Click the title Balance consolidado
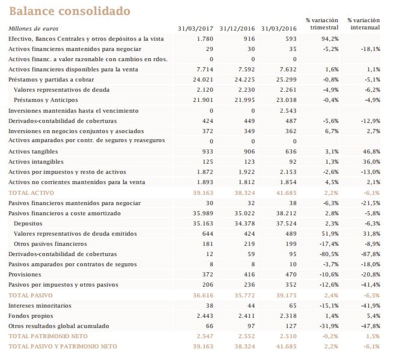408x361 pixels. click(69, 11)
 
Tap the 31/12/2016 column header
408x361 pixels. click(238, 28)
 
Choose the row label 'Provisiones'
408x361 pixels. click(25, 274)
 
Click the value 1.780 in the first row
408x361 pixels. click(205, 38)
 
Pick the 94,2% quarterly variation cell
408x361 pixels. click(330, 38)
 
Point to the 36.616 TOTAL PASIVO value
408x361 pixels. click(202, 295)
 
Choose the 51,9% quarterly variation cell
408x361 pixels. click(329, 233)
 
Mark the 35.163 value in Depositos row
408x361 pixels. click(202, 223)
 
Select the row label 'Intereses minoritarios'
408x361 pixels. click(40, 305)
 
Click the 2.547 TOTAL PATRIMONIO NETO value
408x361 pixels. click(204, 336)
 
